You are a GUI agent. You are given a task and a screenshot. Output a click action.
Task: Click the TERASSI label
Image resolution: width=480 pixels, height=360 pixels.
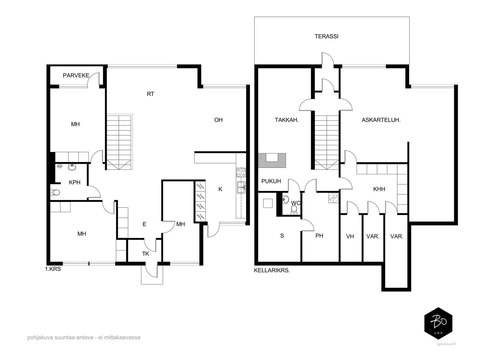(326, 36)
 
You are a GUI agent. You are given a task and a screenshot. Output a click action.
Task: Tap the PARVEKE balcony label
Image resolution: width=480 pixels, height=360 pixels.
(76, 75)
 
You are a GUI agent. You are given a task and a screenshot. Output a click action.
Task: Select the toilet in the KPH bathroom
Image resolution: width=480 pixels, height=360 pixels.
(55, 192)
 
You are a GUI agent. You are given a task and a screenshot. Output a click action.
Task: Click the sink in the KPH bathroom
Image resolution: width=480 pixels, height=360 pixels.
(72, 167)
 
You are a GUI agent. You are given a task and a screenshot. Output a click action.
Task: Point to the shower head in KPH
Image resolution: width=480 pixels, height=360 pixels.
(60, 166)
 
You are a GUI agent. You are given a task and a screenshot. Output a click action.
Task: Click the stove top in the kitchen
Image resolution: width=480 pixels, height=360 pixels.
(241, 172)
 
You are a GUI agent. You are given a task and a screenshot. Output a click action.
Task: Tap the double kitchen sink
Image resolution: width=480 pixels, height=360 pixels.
(241, 187)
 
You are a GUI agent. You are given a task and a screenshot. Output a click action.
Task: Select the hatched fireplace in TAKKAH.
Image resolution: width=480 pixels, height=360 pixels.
(272, 160)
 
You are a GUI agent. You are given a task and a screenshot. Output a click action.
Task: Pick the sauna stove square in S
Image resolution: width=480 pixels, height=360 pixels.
(268, 203)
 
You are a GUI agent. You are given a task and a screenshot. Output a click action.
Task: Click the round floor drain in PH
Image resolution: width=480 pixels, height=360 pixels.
(334, 198)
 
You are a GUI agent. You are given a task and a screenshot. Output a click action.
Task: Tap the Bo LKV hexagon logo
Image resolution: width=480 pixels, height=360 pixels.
(438, 323)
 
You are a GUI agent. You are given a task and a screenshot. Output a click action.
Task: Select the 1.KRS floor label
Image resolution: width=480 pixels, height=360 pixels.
(53, 269)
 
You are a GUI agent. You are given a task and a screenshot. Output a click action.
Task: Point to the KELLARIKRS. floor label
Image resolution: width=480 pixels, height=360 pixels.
(272, 270)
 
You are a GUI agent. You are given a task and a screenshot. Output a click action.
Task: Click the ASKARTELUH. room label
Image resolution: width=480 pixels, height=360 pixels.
(381, 120)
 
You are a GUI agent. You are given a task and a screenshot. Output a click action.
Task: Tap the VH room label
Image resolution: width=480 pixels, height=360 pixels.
(350, 236)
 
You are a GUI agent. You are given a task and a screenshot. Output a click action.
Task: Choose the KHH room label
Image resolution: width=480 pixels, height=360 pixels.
(379, 189)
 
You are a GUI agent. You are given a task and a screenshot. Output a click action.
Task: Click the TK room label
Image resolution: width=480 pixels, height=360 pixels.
(145, 254)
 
